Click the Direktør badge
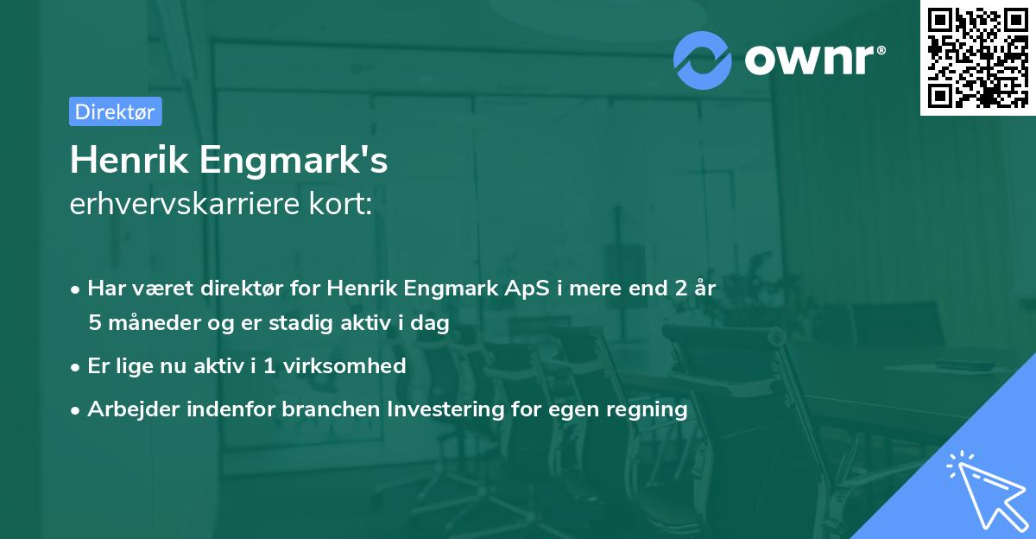[x=115, y=111]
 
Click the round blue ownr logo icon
[x=703, y=60]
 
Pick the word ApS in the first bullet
[x=523, y=289]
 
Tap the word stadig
[x=295, y=323]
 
